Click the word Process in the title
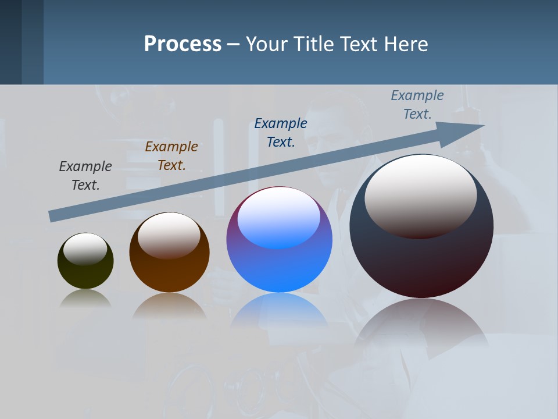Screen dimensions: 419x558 183,44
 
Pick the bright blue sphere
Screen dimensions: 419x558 279,268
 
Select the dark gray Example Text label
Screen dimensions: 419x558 85,175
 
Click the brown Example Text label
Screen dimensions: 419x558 171,155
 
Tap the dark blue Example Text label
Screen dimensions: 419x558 281,132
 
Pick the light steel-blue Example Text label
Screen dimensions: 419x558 417,104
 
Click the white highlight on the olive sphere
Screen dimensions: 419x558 85,249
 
